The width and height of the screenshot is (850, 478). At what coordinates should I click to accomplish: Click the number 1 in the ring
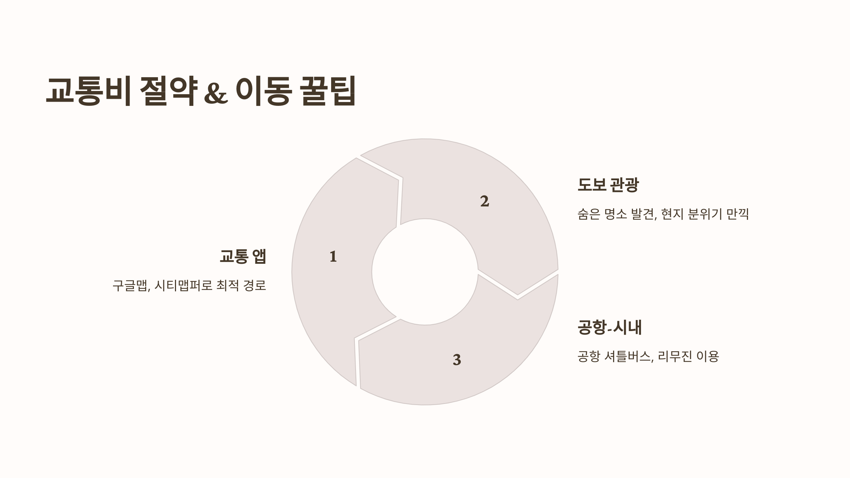333,257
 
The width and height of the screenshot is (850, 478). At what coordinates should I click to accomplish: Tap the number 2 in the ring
484,201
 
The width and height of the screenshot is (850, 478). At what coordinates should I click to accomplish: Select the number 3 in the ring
457,360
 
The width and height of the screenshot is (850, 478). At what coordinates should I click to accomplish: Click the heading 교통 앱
243,256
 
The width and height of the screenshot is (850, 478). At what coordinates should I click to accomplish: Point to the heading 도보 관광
608,184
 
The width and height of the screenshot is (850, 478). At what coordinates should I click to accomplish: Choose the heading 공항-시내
609,327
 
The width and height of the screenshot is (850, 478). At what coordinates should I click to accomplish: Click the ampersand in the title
216,93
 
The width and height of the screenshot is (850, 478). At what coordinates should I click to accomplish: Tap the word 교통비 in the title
89,91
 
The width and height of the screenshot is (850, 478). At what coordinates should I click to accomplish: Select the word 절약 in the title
168,91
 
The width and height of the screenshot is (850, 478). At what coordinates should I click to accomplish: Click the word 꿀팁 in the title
328,91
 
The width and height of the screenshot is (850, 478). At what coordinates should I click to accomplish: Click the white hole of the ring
425,272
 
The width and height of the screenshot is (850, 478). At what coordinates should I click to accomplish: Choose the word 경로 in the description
255,285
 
